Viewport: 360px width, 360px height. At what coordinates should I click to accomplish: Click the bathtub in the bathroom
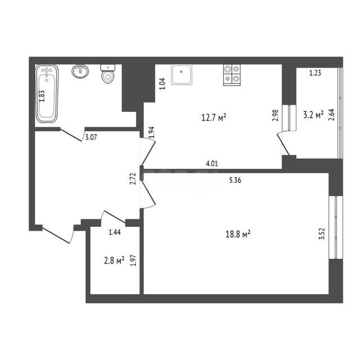coord(47,94)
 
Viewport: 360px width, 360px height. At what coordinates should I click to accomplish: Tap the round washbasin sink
coord(80,71)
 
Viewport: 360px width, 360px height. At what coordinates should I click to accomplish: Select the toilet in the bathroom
coord(107,74)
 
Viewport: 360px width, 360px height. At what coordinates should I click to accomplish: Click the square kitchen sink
coord(181,74)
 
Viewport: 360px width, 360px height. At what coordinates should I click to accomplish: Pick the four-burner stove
coord(232,75)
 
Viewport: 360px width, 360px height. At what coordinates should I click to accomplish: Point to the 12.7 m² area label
coord(214,118)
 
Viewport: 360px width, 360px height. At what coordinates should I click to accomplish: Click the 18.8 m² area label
coord(238,235)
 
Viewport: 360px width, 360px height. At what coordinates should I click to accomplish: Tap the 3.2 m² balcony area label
coord(313,115)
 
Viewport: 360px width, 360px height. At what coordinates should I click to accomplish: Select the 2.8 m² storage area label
coord(114,260)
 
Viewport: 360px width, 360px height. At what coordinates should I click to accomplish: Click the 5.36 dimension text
coord(235,180)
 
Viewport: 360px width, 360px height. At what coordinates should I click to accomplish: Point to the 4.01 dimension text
coord(212,164)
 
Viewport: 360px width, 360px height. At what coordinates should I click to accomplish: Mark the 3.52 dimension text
coord(322,234)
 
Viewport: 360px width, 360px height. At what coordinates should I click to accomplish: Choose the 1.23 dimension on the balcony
coord(315,73)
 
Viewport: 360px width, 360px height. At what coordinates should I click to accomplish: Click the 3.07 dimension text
coord(91,137)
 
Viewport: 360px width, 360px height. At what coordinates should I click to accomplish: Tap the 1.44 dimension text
coord(115,232)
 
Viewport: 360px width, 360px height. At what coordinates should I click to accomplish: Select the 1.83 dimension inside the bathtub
coord(42,96)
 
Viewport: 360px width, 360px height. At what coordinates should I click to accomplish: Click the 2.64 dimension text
coord(332,115)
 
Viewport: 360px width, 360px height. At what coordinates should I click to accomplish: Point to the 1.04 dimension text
coord(163,84)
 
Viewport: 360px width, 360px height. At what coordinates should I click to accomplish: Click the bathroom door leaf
coord(71,135)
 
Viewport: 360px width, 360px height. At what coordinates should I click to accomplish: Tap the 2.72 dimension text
coord(133,179)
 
